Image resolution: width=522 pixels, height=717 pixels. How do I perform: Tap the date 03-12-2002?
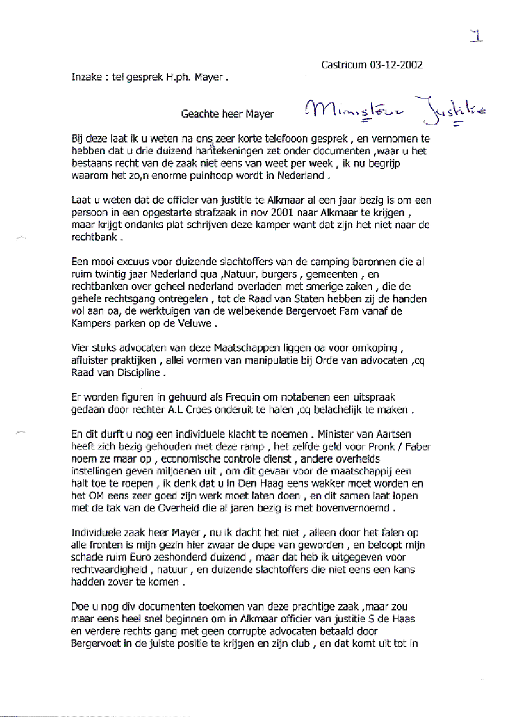point(396,64)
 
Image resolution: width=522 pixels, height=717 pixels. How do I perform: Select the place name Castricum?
point(343,64)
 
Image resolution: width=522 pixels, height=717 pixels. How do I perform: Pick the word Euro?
point(146,557)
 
